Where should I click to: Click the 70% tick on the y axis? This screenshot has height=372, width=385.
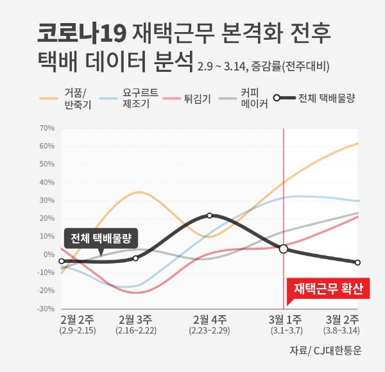46,128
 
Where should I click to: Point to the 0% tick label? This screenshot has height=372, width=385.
49,254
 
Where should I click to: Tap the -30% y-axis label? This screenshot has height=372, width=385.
45,309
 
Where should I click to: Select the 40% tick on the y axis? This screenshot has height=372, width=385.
46,182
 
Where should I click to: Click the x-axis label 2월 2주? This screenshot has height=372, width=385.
78,319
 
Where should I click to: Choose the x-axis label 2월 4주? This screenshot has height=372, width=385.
210,319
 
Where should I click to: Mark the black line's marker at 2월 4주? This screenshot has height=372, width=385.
210,216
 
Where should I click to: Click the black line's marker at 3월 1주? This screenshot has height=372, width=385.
284,248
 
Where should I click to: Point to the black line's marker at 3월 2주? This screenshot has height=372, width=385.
357,262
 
